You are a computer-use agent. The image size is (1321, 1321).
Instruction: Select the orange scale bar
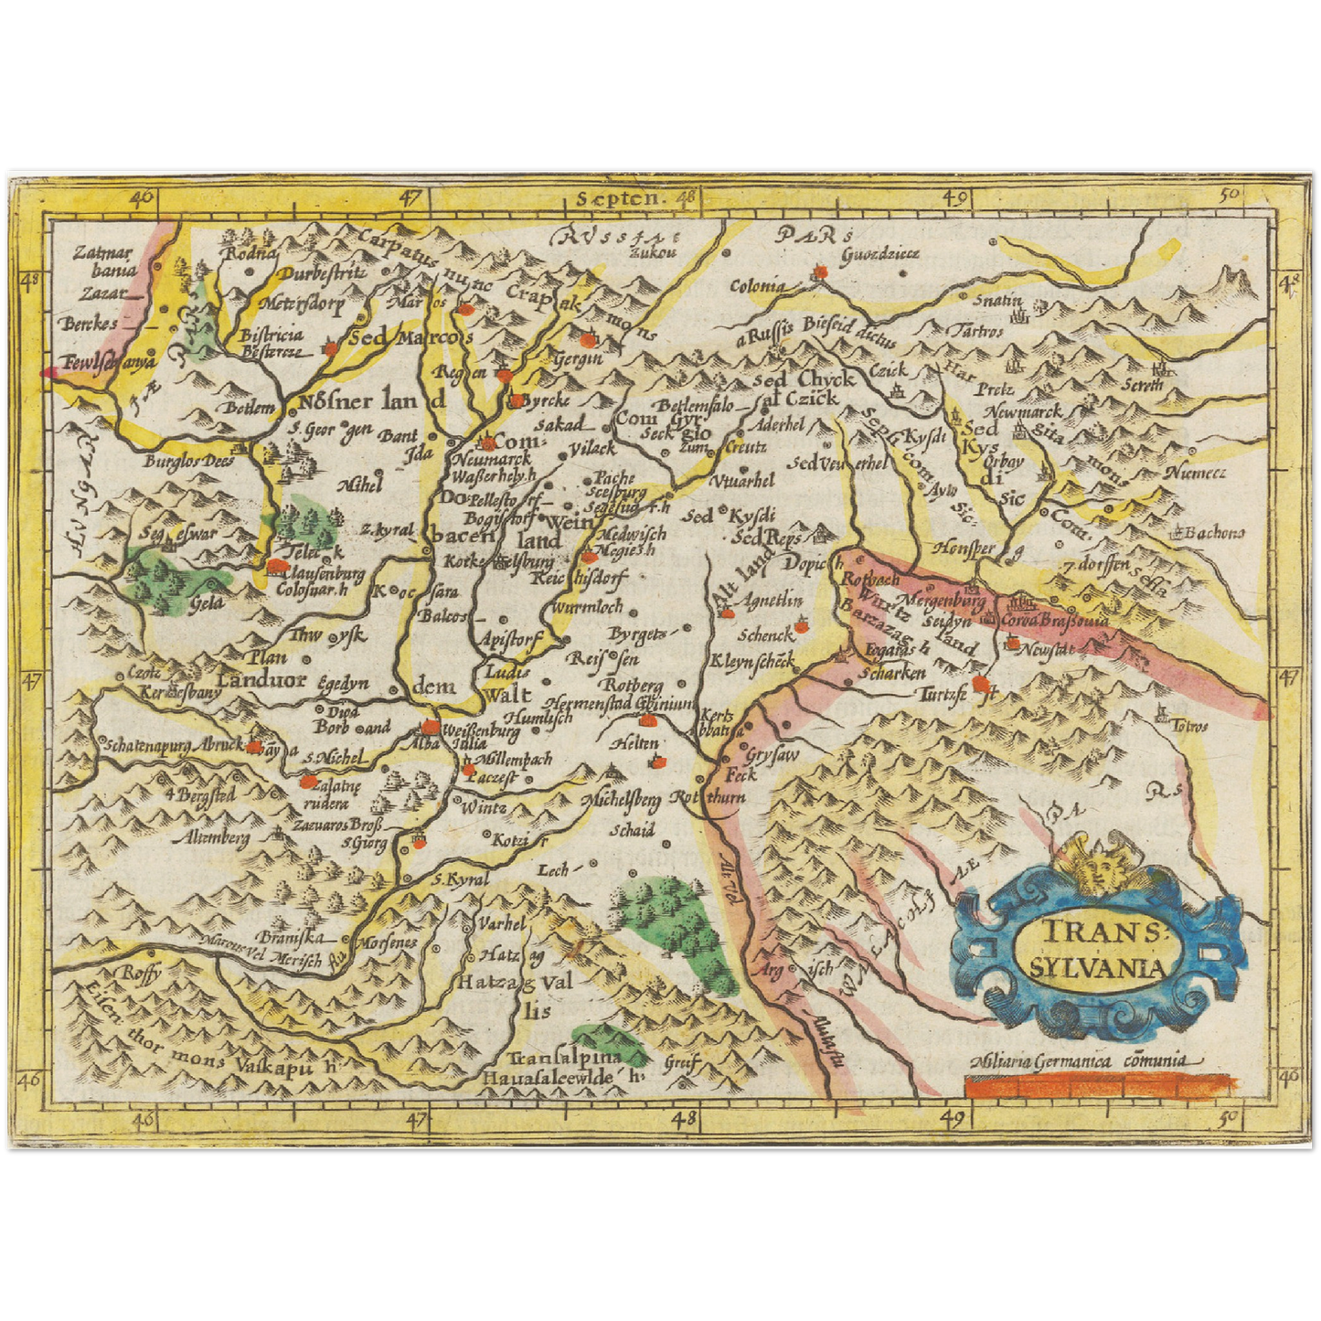[1098, 1086]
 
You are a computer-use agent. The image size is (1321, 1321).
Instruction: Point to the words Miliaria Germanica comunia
[1079, 1060]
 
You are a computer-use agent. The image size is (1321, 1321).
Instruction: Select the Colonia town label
[757, 285]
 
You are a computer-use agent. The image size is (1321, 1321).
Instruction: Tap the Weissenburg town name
[480, 731]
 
